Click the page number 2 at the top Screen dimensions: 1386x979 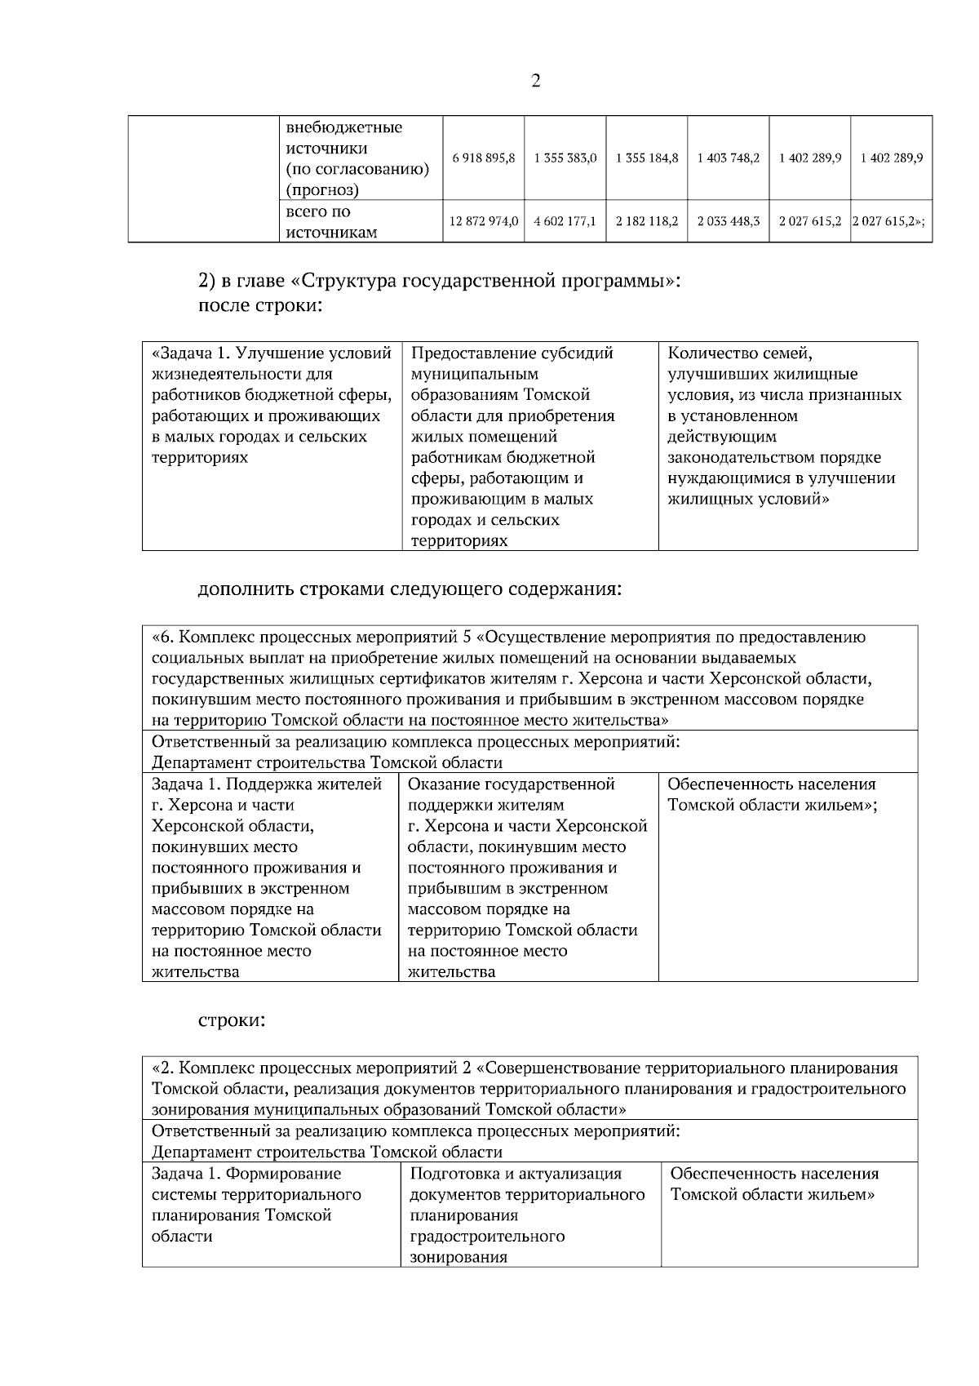535,81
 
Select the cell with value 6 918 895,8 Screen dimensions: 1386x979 483,158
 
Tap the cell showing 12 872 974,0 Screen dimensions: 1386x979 484,221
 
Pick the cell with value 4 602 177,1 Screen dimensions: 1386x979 565,221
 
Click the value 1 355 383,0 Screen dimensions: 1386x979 565,158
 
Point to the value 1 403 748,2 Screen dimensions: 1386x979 729,158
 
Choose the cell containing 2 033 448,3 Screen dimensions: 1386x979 729,221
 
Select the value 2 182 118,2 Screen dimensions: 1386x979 647,221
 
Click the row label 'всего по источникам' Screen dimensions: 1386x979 330,222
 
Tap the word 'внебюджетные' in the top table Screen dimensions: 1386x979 343,128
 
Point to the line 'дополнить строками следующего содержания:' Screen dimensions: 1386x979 410,589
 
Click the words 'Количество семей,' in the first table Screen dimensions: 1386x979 739,353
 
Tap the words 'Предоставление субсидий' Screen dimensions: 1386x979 512,353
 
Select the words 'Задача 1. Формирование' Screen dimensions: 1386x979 246,1174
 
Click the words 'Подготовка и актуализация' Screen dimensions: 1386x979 516,1174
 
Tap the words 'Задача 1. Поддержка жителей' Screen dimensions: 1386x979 267,784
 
